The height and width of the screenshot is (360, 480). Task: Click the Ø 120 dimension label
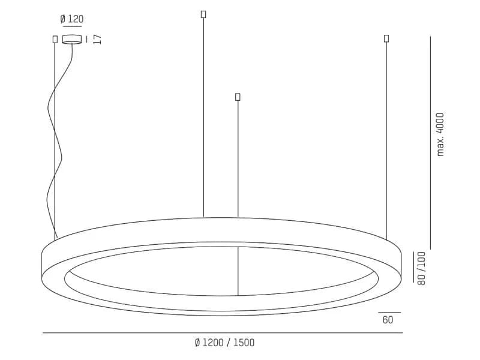[x=72, y=19]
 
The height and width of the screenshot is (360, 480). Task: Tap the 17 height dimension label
[x=97, y=39]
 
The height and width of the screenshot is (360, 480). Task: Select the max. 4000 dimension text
[x=440, y=134]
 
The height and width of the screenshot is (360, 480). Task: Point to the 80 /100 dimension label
[x=422, y=268]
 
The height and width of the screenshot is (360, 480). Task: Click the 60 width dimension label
[x=388, y=320]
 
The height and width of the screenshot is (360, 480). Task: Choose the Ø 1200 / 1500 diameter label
[x=224, y=343]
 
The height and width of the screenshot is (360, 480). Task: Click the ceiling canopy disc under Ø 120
[x=72, y=39]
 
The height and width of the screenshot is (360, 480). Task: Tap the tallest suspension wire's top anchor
[x=203, y=14]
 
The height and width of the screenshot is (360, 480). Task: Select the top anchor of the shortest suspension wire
[x=238, y=97]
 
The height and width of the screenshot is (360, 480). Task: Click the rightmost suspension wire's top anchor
[x=386, y=38]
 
